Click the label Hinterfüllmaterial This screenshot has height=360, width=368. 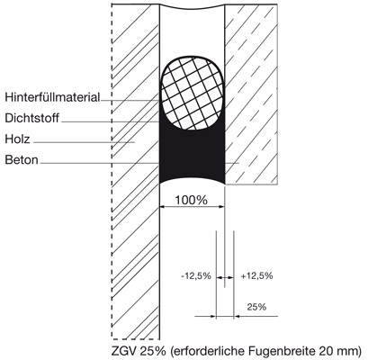pos(52,97)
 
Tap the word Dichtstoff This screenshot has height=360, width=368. pos(31,118)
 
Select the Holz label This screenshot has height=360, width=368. pos(17,139)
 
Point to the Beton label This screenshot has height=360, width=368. pos(22,160)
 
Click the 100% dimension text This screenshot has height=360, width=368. pos(191,200)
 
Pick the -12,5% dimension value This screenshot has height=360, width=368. pos(196,275)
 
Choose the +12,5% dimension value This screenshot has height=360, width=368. pos(257,275)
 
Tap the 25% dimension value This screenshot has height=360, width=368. pos(256,307)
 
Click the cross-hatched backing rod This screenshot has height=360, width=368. pos(193,93)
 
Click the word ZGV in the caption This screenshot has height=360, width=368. pos(122,351)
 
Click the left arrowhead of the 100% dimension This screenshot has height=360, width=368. pos(162,206)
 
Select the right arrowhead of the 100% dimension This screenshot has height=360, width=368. pos(222,206)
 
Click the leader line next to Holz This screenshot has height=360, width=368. pos(84,142)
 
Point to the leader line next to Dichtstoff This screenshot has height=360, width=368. pos(110,121)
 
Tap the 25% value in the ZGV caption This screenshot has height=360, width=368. pos(150,351)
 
